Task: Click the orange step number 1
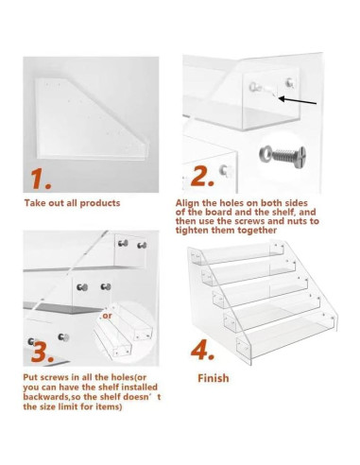coord(41,179)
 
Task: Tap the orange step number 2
coord(202,176)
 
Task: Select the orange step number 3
coord(43,352)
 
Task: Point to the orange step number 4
coord(202,350)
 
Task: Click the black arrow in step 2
coord(298,100)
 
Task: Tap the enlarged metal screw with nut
coord(283,155)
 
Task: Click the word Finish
coord(214,378)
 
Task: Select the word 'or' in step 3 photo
coord(107,316)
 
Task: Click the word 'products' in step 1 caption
coord(100,203)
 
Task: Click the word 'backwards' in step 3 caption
coord(46,396)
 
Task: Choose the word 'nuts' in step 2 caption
coord(298,221)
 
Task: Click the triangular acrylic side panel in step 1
coord(92,119)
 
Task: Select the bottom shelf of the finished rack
coord(287,336)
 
